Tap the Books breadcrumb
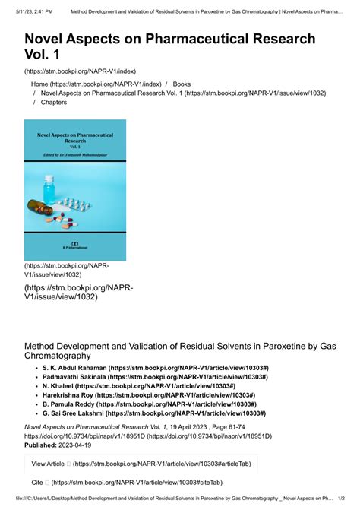tap(182, 84)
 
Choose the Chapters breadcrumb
tap(54, 102)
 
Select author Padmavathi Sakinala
tap(74, 377)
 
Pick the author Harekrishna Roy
tap(71, 395)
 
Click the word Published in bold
tap(44, 446)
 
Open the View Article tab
tap(48, 463)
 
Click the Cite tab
tap(37, 483)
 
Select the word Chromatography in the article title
tap(58, 355)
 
